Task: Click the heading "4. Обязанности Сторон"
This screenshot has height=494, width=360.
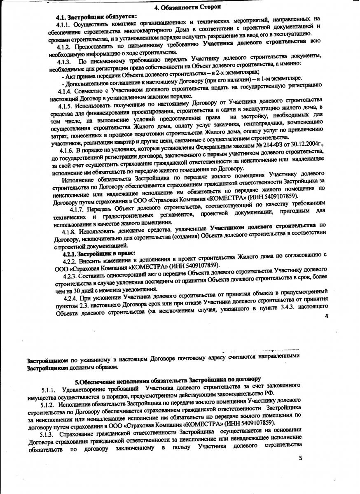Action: (x=188, y=7)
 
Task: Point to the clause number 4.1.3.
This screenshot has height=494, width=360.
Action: (x=66, y=61)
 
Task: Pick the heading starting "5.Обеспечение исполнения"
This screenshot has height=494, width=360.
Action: (x=167, y=378)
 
